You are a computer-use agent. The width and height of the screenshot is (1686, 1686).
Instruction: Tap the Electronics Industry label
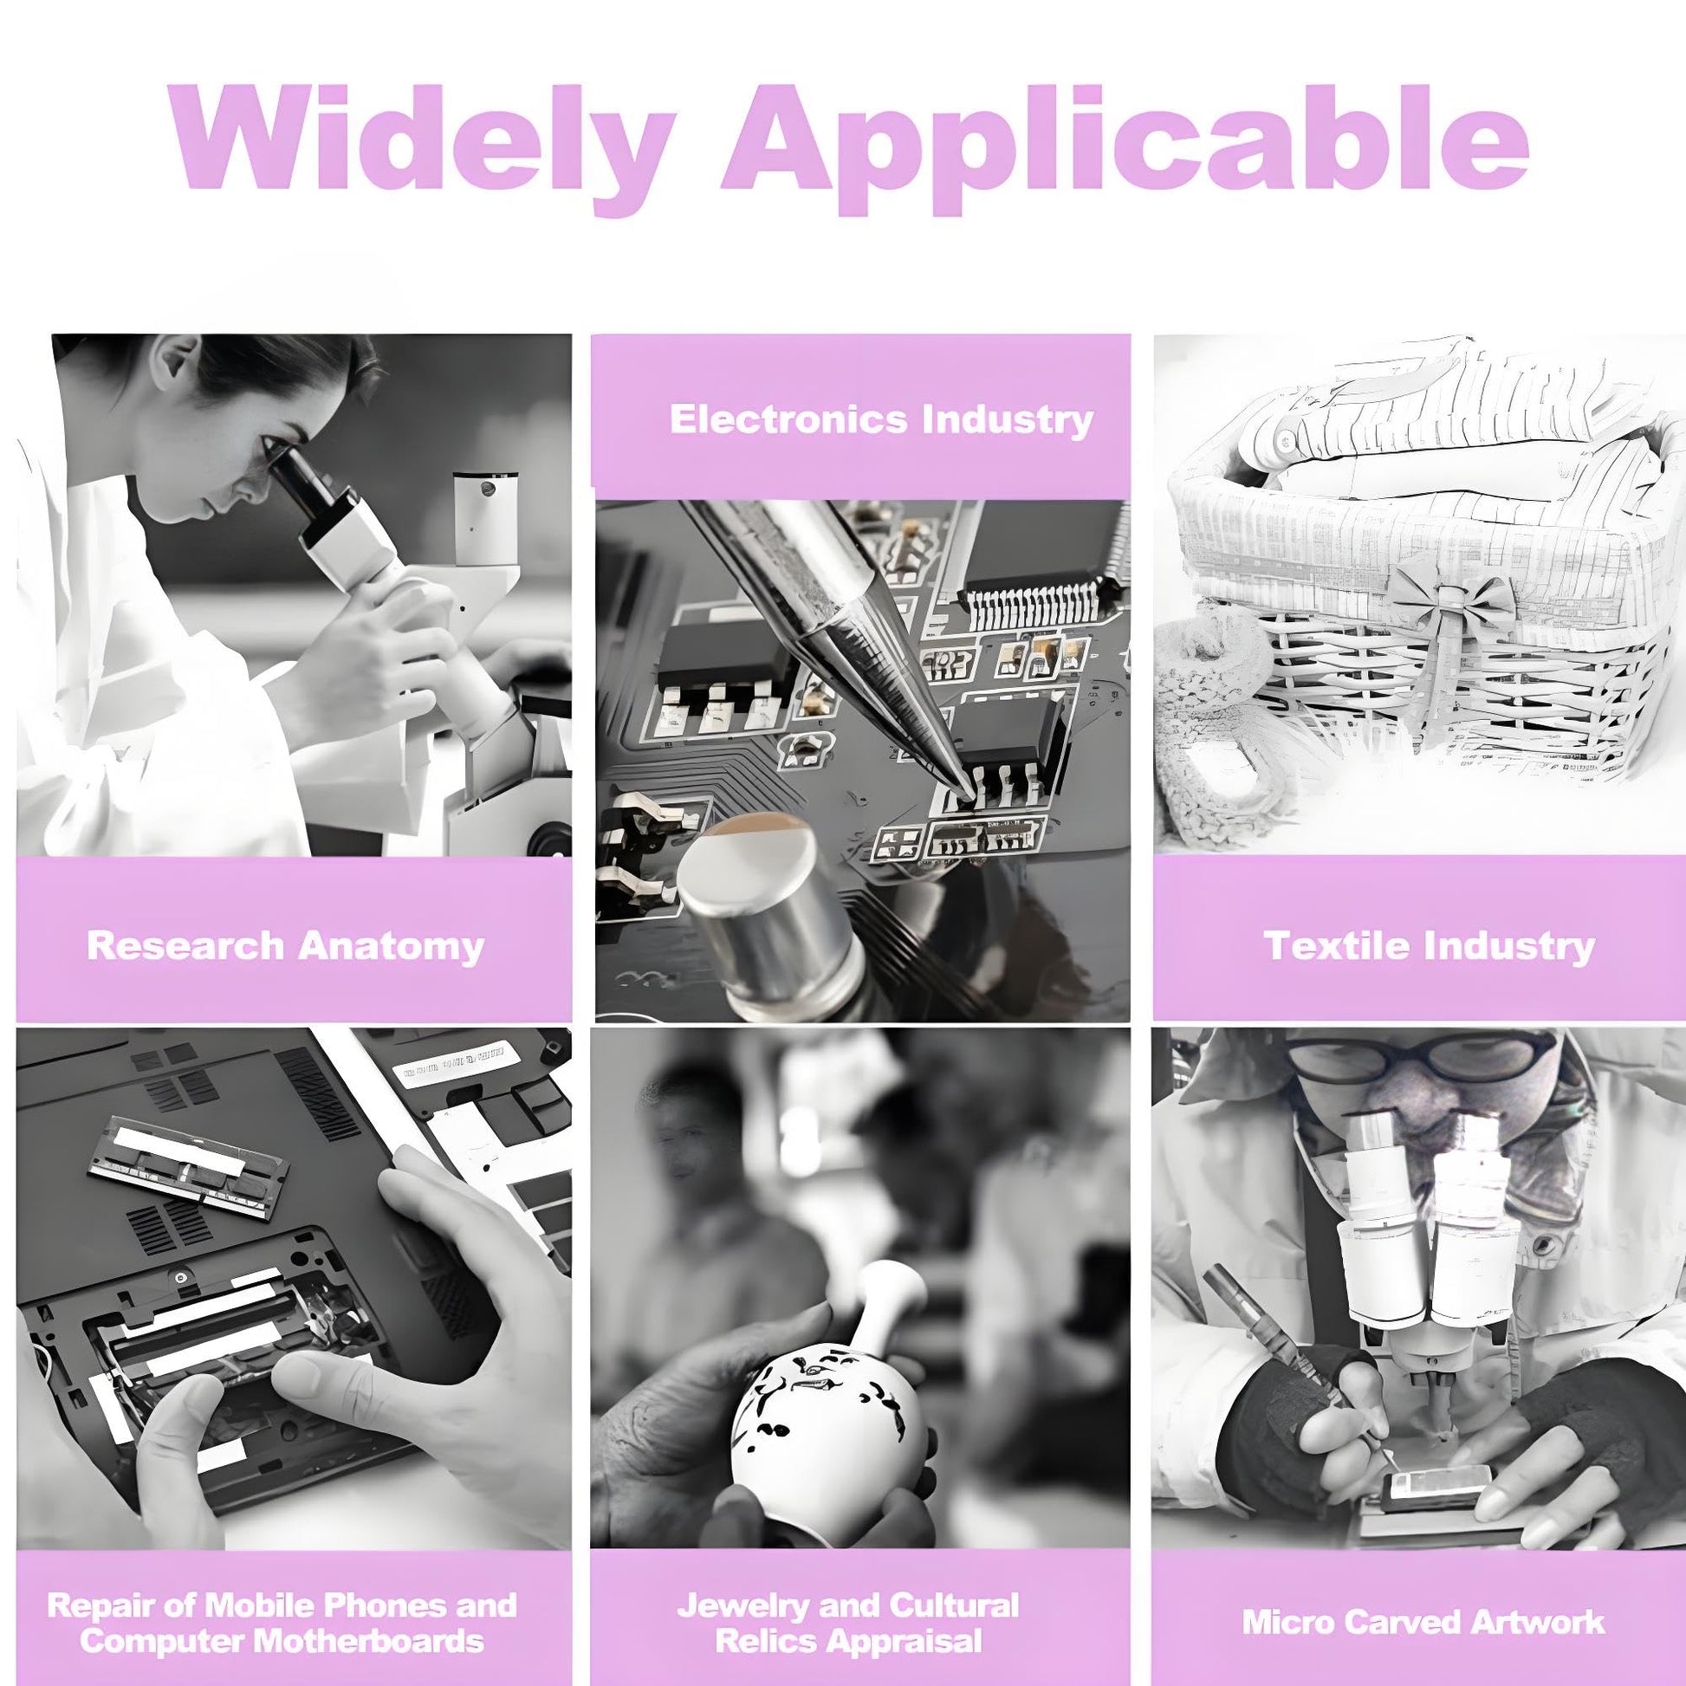click(881, 419)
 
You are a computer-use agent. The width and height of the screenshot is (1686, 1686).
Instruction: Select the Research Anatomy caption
click(285, 946)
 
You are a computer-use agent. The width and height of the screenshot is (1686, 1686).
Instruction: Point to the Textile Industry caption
click(1430, 946)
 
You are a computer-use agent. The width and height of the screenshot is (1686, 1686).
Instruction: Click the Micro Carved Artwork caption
click(1423, 1621)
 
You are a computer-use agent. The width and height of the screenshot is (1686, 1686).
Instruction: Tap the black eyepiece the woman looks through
click(306, 485)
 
